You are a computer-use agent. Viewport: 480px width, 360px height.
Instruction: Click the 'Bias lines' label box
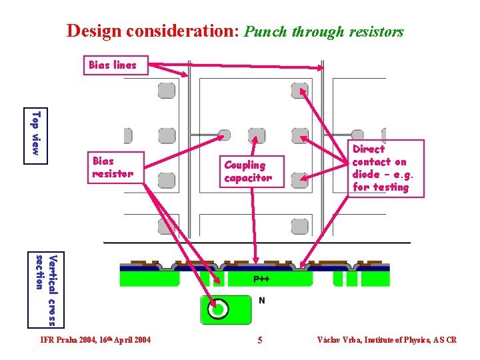pyautogui.click(x=113, y=65)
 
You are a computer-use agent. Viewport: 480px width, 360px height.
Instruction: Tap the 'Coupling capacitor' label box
pyautogui.click(x=249, y=171)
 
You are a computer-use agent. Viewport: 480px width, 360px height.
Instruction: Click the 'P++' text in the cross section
pyautogui.click(x=261, y=279)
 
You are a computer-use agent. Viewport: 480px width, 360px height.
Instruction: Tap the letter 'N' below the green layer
pyautogui.click(x=261, y=301)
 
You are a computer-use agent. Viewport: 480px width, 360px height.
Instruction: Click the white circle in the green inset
pyautogui.click(x=216, y=309)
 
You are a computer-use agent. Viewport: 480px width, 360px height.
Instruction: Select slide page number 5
pyautogui.click(x=260, y=340)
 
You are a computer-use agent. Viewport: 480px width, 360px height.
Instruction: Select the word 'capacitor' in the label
pyautogui.click(x=248, y=178)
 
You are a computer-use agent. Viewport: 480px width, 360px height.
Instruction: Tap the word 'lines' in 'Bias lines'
pyautogui.click(x=125, y=65)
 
